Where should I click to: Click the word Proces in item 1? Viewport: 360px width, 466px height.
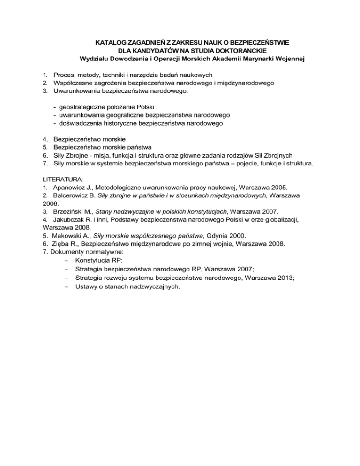(64, 75)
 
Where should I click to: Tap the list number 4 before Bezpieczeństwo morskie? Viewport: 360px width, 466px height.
(45, 139)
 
